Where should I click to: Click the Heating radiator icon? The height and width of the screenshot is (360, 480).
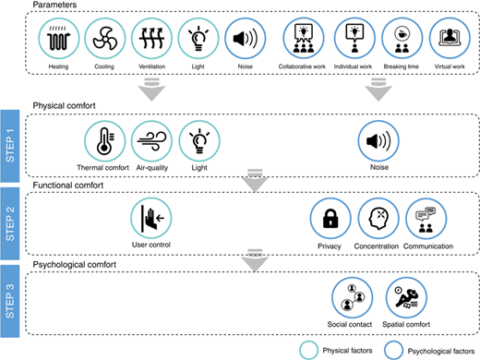click(59, 38)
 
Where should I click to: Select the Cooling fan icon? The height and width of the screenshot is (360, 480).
click(105, 38)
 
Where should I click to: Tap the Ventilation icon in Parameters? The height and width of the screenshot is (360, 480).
click(151, 38)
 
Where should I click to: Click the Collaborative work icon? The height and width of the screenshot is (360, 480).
click(304, 38)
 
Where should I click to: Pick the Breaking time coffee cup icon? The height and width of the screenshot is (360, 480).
click(402, 38)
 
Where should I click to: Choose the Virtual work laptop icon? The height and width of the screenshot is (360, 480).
click(450, 38)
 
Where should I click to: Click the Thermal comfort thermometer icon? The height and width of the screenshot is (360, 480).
click(105, 141)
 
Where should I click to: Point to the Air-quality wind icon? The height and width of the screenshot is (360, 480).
click(151, 141)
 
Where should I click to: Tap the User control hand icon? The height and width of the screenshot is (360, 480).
click(151, 218)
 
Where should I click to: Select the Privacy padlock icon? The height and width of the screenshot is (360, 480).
click(330, 219)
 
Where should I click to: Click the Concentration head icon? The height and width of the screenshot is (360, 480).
click(378, 219)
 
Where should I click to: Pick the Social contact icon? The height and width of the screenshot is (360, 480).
click(353, 297)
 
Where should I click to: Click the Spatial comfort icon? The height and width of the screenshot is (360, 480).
click(406, 297)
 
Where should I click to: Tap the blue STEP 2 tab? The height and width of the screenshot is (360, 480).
click(10, 223)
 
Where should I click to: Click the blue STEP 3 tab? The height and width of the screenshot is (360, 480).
click(10, 301)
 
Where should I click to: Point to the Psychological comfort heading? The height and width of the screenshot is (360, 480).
click(75, 265)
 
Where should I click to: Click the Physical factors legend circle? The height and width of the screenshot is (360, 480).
click(309, 350)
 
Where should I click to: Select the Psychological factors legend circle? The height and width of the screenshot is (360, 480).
click(394, 350)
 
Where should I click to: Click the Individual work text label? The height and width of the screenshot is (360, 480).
click(353, 66)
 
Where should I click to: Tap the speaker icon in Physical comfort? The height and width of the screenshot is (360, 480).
click(378, 141)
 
